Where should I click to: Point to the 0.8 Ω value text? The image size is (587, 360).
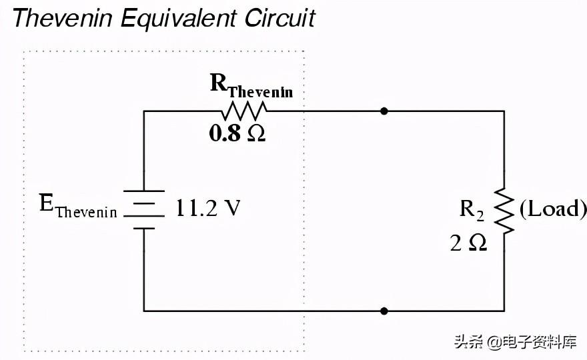[x=237, y=133]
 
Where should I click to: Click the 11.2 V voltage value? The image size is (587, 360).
[x=207, y=209]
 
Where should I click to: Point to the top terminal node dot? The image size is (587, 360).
[x=384, y=111]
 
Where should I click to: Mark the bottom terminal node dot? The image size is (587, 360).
[x=384, y=311]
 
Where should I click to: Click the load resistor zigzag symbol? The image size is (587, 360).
[x=504, y=210]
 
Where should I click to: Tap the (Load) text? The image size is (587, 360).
[x=553, y=209]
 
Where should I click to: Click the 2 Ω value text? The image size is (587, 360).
[x=468, y=243]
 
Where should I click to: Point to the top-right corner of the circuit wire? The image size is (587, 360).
[x=504, y=111]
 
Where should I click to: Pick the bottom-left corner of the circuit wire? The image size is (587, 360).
[x=143, y=311]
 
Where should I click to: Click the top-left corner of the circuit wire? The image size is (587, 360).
[x=143, y=111]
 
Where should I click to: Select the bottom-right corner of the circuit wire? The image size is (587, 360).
[x=504, y=311]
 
